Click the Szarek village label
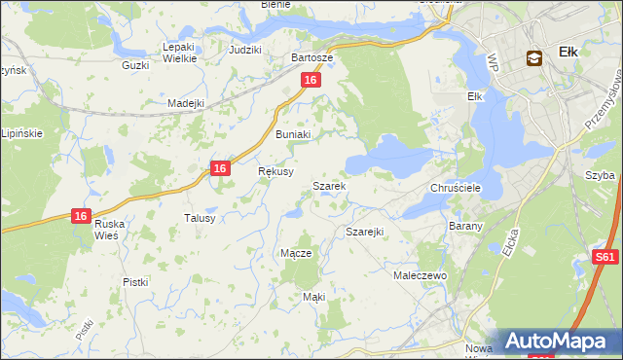[328, 185]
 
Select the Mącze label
[296, 253]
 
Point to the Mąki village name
[313, 296]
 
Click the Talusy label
[200, 219]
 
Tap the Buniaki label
[293, 134]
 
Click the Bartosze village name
[312, 57]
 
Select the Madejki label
[185, 103]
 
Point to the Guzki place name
[134, 65]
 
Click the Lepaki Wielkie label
[180, 53]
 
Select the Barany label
[460, 224]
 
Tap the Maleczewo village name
[420, 276]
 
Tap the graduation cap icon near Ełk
[533, 57]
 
